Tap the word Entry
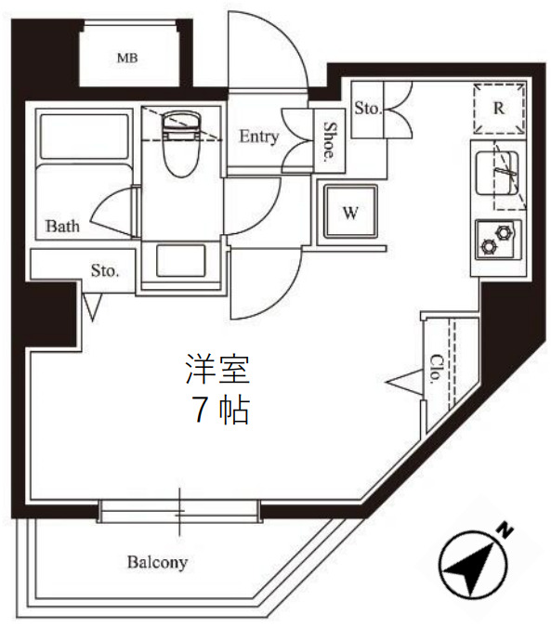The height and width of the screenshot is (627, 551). pos(258,137)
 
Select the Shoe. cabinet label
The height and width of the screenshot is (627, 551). pos(329,142)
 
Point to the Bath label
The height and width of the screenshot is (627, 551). pos(63,225)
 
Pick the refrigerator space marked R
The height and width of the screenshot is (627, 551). pos(499,108)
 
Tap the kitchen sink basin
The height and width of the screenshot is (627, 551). pos(493,172)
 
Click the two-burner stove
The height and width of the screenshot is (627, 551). pos(498,240)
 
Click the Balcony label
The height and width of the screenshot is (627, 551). pos(158,562)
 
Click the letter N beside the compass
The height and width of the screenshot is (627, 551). pos(506,530)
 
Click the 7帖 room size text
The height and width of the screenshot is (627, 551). pos(220,410)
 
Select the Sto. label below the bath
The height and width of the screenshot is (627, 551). pos(105,271)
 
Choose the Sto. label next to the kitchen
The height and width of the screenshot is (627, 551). pos(368,109)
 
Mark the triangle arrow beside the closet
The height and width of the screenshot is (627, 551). pos(401,380)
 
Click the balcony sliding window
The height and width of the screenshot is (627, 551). pos(180,512)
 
